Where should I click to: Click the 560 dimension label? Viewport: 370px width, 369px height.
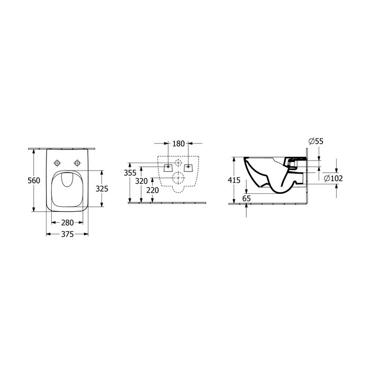34,181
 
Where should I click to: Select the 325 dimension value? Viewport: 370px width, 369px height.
101,189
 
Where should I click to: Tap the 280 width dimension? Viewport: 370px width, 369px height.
68,222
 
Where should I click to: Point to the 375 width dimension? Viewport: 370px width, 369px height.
68,234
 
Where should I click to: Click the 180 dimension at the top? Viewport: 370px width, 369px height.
179,144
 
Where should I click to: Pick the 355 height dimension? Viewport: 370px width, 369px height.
130,173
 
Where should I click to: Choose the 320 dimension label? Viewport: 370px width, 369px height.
141,181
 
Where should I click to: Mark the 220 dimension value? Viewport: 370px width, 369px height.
152,190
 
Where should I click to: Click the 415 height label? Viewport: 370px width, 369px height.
234,180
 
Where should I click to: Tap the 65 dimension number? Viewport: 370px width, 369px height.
246,198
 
